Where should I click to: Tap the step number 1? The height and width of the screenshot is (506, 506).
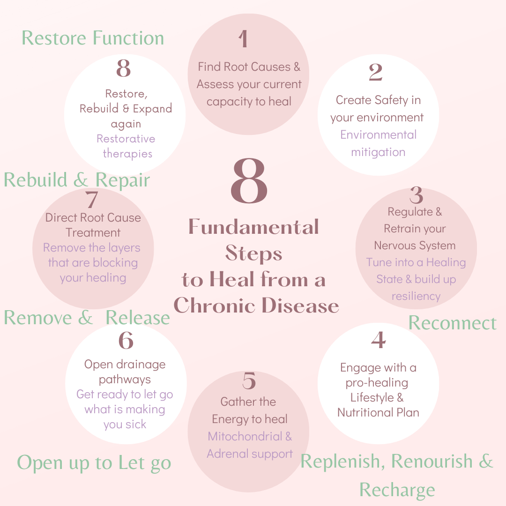tap(243, 39)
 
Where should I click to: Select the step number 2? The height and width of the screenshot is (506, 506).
tap(376, 73)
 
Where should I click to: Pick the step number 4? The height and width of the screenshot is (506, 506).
tap(379, 340)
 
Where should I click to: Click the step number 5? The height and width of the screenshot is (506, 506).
tap(249, 381)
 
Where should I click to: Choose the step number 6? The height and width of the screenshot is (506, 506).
tap(126, 341)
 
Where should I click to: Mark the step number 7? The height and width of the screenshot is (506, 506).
tap(92, 200)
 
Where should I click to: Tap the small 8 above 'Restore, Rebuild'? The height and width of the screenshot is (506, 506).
tap(123, 68)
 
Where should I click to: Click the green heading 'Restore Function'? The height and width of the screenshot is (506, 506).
tap(93, 38)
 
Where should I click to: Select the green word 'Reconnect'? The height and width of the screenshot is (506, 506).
tap(452, 323)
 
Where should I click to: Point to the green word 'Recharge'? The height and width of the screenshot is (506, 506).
tap(397, 490)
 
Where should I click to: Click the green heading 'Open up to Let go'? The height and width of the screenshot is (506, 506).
tap(94, 463)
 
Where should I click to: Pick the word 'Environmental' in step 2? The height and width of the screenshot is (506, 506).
tap(378, 135)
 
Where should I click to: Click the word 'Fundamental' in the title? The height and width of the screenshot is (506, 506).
tap(253, 227)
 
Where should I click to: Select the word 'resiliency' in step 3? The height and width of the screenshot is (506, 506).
tap(416, 296)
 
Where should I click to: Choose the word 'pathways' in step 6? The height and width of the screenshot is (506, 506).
tap(125, 379)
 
